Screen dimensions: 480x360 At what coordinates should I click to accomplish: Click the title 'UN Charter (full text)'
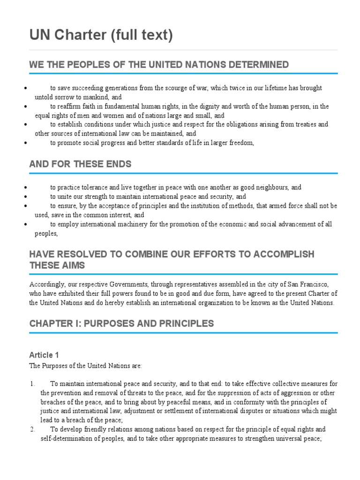pos(101,35)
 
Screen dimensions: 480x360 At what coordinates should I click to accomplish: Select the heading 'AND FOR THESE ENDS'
pos(80,164)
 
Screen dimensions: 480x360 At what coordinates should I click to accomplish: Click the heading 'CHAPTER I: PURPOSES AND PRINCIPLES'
pos(121,323)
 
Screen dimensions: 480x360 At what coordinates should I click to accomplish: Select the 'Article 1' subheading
pos(44,355)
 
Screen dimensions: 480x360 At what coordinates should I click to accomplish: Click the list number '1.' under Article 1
pos(32,384)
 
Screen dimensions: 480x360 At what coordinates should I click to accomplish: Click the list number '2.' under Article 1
pos(32,429)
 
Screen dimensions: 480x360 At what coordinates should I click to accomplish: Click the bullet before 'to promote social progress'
pos(24,143)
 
